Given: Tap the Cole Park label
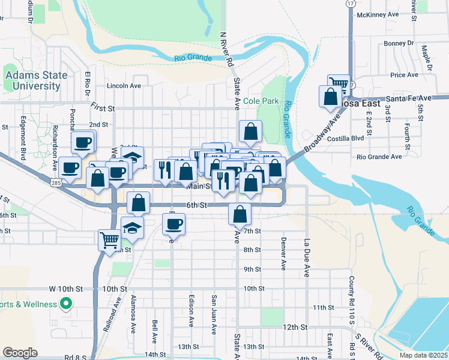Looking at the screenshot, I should pyautogui.click(x=261, y=101).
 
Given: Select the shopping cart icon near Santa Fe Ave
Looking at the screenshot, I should pyautogui.click(x=339, y=84).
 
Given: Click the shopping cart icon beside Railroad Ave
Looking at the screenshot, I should pyautogui.click(x=109, y=240).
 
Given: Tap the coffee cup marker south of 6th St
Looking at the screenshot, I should pyautogui.click(x=174, y=224).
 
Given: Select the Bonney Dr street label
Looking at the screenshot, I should pyautogui.click(x=399, y=43).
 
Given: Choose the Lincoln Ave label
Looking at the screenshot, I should pyautogui.click(x=124, y=86).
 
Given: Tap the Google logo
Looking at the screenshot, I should pyautogui.click(x=20, y=353).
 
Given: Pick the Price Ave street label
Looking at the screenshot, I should pyautogui.click(x=403, y=75).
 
